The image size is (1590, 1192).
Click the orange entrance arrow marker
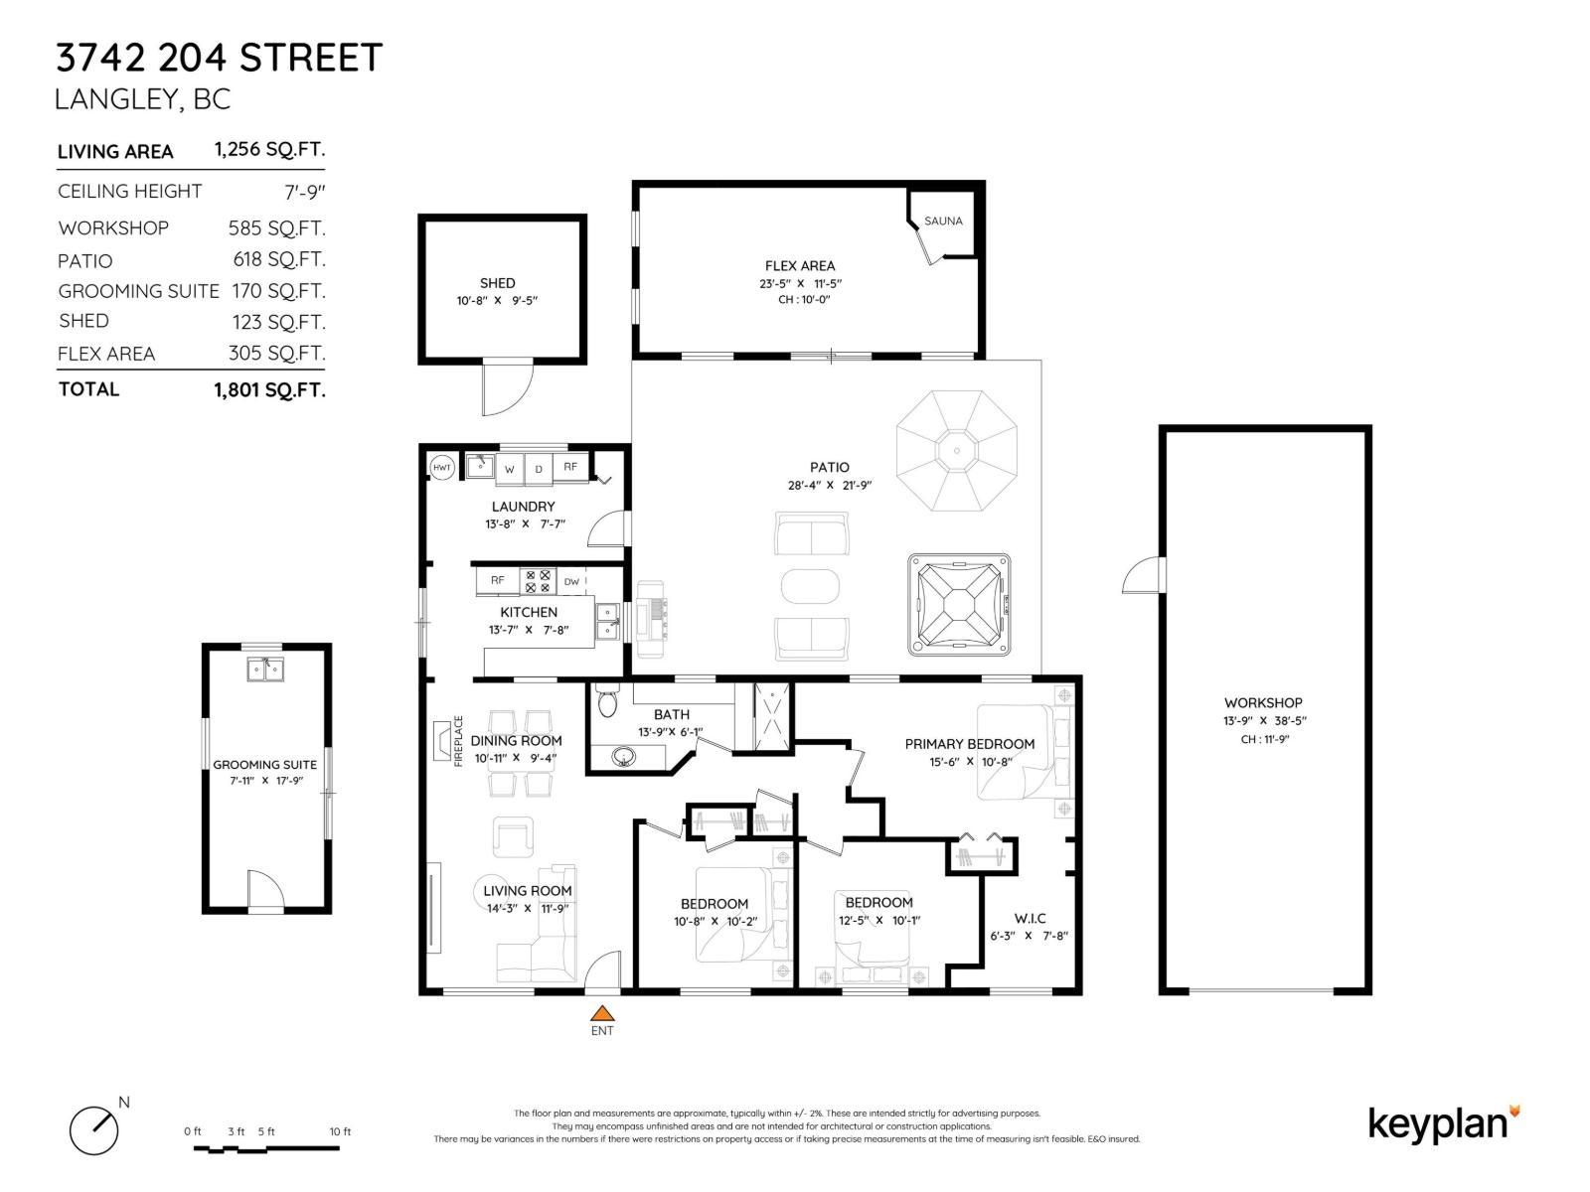click(x=602, y=1012)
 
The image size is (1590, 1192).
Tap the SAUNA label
click(x=943, y=221)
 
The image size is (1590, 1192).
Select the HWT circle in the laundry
click(x=442, y=467)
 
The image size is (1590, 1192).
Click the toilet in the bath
click(x=607, y=700)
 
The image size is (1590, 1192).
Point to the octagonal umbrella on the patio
click(x=957, y=451)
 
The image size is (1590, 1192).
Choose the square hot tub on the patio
click(x=959, y=604)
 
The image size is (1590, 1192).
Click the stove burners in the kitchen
click(x=538, y=581)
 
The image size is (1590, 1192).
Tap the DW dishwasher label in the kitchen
click(x=572, y=581)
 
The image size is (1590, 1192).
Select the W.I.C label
click(x=1030, y=918)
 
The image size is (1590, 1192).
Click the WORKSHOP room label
click(x=1263, y=702)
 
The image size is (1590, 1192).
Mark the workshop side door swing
click(x=1143, y=575)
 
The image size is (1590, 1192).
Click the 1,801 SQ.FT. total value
click(x=269, y=390)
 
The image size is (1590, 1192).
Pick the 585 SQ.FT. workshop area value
click(x=276, y=228)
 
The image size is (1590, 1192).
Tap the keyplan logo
click(x=1444, y=1125)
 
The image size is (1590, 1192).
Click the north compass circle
click(x=93, y=1131)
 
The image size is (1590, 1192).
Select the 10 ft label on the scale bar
click(x=340, y=1131)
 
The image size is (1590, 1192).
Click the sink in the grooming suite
click(x=265, y=670)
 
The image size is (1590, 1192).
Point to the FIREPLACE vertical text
click(x=458, y=741)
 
